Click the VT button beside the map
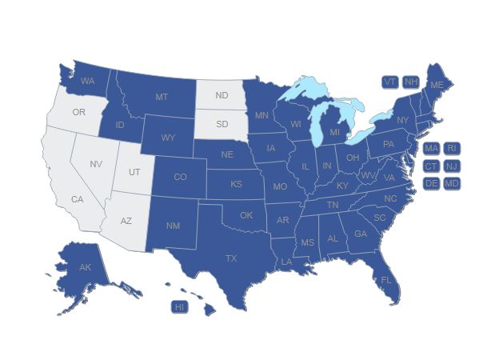click(x=389, y=82)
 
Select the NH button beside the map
click(x=410, y=82)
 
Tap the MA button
click(x=431, y=148)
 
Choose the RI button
click(x=452, y=148)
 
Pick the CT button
click(x=431, y=166)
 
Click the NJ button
click(x=452, y=166)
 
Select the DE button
click(x=431, y=183)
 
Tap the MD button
click(x=452, y=183)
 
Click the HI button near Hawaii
click(x=179, y=306)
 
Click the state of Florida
click(x=385, y=280)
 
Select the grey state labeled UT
click(x=134, y=172)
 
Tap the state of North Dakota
click(x=222, y=96)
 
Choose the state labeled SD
click(x=222, y=124)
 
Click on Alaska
click(x=85, y=268)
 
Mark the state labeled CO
click(x=180, y=177)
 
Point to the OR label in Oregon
click(x=78, y=112)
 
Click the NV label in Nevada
click(x=96, y=164)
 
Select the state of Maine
click(x=437, y=85)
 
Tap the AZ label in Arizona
click(x=126, y=220)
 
